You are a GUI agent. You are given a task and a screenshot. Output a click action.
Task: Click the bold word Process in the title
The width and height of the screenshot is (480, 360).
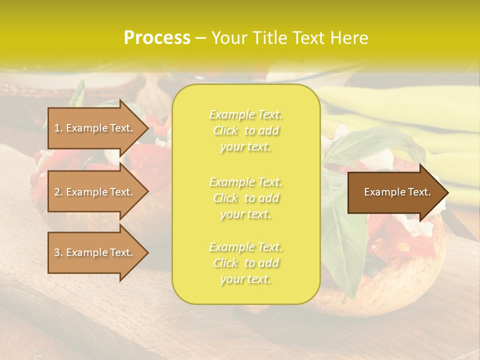pos(157,38)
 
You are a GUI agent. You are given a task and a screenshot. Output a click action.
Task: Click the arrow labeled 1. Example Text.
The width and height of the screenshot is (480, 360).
pos(95,128)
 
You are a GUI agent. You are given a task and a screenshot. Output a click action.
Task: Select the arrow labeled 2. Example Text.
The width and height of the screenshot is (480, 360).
pos(95,192)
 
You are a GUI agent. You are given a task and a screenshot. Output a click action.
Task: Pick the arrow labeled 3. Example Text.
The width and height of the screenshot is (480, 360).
pos(95,252)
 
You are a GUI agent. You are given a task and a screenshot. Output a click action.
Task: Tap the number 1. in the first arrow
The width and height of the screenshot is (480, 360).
pos(58,128)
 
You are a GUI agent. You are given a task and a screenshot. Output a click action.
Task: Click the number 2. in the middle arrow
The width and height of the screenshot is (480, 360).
pos(58,192)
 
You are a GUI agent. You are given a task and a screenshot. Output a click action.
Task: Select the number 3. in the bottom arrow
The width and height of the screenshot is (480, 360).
pos(58,252)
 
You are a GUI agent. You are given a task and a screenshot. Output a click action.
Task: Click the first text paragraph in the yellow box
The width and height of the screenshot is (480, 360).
pos(245,130)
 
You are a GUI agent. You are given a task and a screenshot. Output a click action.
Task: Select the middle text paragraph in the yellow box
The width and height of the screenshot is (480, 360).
pos(245,198)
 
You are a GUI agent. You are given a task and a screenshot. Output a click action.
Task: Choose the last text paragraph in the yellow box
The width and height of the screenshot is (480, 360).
pos(245,263)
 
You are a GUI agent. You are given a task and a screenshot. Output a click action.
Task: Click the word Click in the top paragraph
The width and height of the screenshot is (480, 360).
pos(225,131)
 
